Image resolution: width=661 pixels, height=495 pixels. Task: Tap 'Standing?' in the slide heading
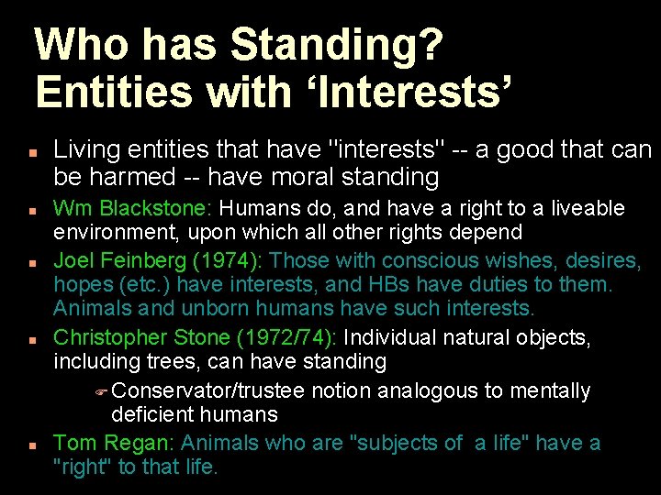pyautogui.click(x=337, y=46)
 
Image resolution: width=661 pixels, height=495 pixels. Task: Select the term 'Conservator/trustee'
pyautogui.click(x=208, y=390)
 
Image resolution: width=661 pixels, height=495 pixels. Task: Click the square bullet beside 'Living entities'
pyautogui.click(x=31, y=150)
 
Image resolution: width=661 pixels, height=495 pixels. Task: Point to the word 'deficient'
pyautogui.click(x=153, y=415)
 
